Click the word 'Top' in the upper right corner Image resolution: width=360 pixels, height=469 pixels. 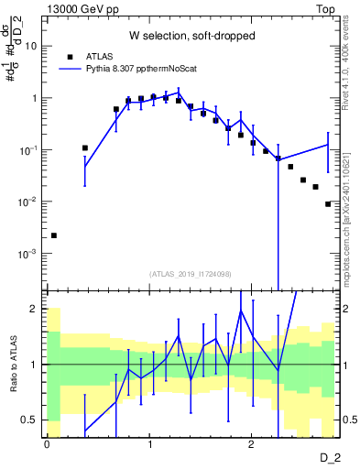click(x=326, y=8)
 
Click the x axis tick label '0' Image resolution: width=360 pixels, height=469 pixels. click(x=47, y=442)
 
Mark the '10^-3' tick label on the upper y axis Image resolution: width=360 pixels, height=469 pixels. click(x=29, y=253)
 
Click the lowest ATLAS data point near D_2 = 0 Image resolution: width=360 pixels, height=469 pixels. click(x=54, y=235)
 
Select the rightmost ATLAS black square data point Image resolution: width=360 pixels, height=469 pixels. click(x=327, y=204)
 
